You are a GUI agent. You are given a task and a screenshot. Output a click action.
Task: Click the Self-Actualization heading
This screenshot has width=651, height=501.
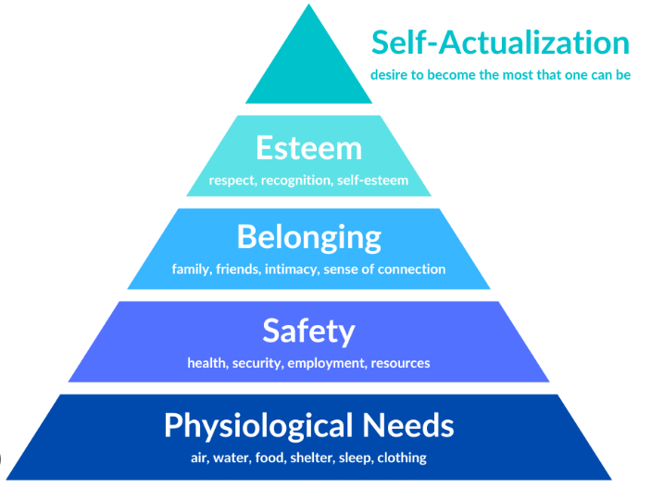click(x=500, y=43)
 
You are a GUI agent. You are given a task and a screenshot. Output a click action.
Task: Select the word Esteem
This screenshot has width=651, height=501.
click(x=308, y=148)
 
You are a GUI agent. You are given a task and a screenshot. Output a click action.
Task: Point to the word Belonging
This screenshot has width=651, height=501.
click(x=308, y=237)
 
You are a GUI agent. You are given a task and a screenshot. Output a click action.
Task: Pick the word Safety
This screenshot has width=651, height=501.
click(x=308, y=331)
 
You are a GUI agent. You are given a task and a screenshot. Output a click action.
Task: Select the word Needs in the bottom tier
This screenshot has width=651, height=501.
click(x=407, y=425)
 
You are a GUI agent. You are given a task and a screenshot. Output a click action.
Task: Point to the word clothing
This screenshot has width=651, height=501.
click(x=400, y=457)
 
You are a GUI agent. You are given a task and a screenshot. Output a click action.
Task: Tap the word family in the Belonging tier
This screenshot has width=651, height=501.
click(x=192, y=269)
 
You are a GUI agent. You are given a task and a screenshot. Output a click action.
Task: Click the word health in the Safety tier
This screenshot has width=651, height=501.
click(x=206, y=363)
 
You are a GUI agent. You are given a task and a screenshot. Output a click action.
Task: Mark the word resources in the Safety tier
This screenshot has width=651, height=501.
click(x=401, y=363)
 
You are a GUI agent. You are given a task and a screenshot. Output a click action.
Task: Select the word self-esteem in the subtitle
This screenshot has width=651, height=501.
click(x=375, y=181)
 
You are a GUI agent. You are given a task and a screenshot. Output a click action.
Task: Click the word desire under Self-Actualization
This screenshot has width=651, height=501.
click(x=390, y=75)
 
